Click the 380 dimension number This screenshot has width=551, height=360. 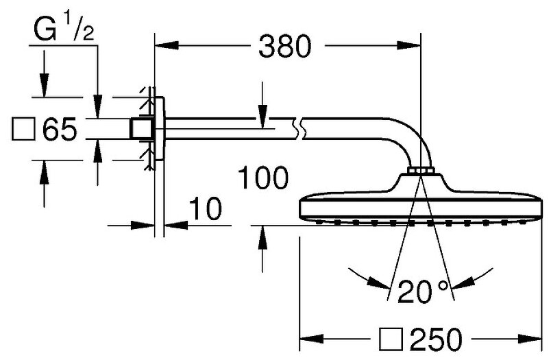[x=285, y=47]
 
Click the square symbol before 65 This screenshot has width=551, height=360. [x=23, y=128]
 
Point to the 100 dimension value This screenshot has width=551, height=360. [x=263, y=178]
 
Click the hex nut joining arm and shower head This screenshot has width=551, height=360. [x=419, y=170]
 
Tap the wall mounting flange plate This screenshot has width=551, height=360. [x=158, y=128]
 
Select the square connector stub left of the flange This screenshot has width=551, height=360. [x=140, y=128]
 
